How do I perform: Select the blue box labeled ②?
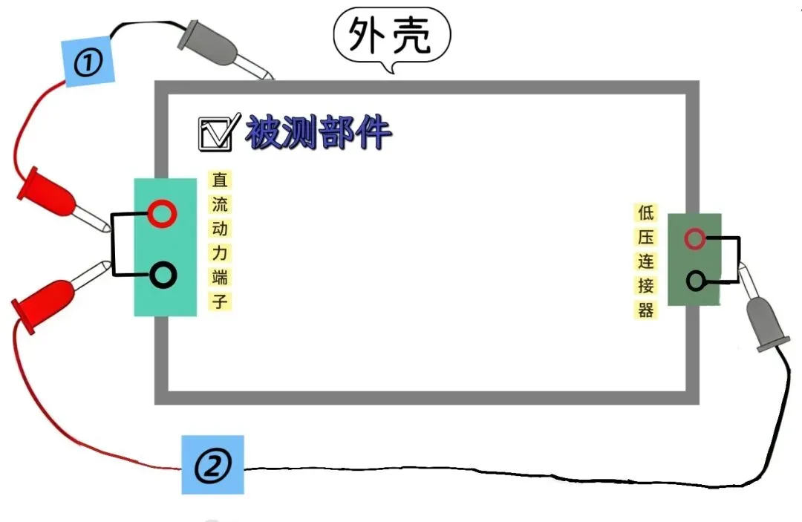tap(212, 466)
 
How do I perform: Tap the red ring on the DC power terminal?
tap(162, 214)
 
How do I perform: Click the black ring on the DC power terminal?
tap(163, 275)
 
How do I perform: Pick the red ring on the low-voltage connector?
tap(694, 238)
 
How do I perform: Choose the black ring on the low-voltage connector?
tap(696, 281)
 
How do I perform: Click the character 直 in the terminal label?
tap(220, 180)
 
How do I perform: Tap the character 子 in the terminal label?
tap(220, 301)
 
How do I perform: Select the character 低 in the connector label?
tap(645, 212)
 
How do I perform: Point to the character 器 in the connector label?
tap(645, 310)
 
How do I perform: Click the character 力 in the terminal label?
tap(220, 252)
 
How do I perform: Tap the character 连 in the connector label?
tap(645, 261)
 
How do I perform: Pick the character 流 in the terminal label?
tap(220, 204)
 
